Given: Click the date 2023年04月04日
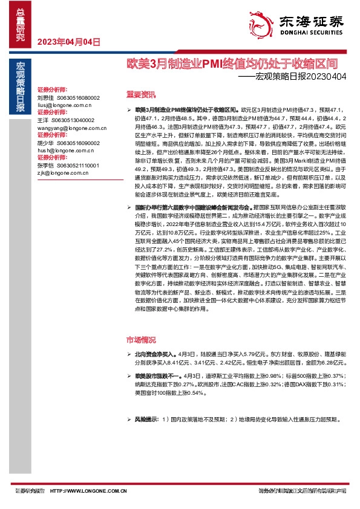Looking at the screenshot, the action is tap(68, 42).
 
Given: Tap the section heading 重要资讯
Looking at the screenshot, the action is tap(141, 94).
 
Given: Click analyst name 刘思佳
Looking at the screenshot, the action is tap(45, 97).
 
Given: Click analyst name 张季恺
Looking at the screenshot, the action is tap(45, 166).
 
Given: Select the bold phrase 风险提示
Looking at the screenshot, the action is tap(146, 420).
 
